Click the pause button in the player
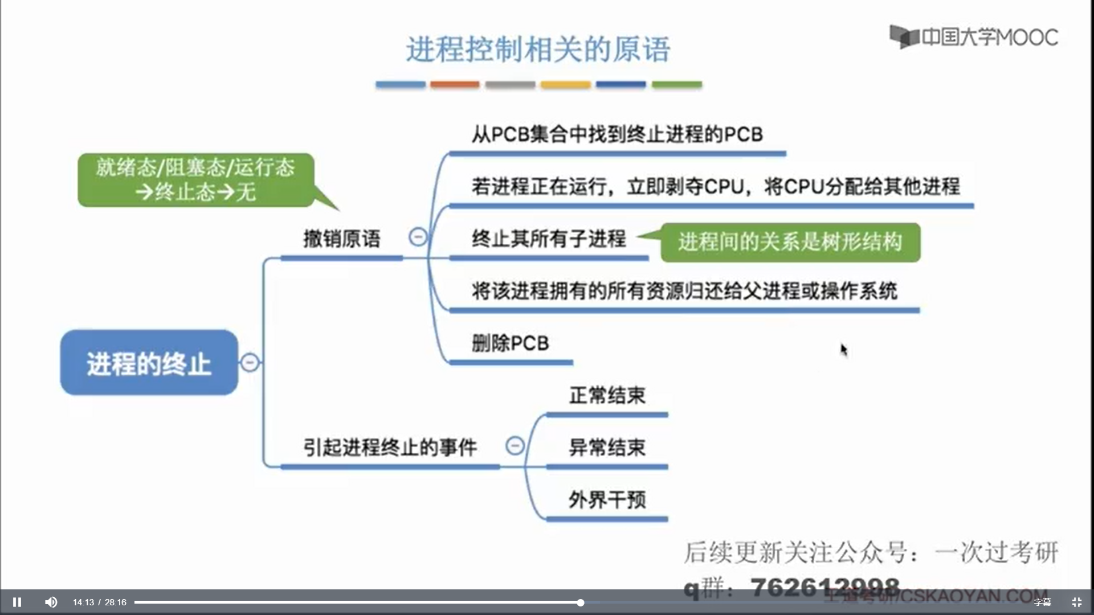click(x=17, y=602)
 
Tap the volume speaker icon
click(x=51, y=602)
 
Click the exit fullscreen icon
click(x=1076, y=602)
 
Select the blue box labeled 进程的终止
click(x=149, y=363)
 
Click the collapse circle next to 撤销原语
click(x=418, y=237)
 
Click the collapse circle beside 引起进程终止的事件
click(x=515, y=445)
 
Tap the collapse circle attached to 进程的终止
click(x=250, y=362)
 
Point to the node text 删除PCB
click(x=510, y=343)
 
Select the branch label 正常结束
click(x=607, y=395)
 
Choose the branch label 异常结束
click(x=607, y=448)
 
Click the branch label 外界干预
click(x=607, y=500)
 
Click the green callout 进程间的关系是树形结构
click(x=790, y=242)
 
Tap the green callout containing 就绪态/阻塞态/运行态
click(x=195, y=179)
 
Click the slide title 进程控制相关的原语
click(x=538, y=50)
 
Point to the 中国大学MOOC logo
click(x=974, y=37)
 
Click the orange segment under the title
click(x=455, y=84)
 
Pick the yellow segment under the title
click(x=565, y=84)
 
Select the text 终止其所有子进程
click(x=549, y=239)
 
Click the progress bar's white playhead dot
click(x=580, y=602)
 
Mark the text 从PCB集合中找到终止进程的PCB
click(x=617, y=134)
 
